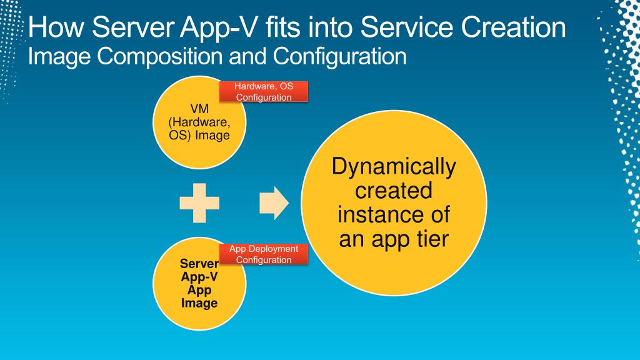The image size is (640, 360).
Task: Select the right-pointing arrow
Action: tap(274, 202)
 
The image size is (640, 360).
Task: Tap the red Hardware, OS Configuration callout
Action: tap(263, 92)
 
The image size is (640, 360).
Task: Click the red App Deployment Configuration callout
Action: tap(263, 254)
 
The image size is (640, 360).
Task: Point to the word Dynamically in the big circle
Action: tap(394, 167)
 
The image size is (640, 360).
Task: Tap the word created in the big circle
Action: tap(394, 191)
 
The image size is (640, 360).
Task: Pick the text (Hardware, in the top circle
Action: tap(199, 123)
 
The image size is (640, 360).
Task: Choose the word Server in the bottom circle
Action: tap(199, 264)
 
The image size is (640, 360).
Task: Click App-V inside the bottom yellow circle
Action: tap(199, 277)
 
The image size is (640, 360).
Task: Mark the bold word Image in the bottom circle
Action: tap(199, 303)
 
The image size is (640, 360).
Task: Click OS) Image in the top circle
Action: tap(199, 135)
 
